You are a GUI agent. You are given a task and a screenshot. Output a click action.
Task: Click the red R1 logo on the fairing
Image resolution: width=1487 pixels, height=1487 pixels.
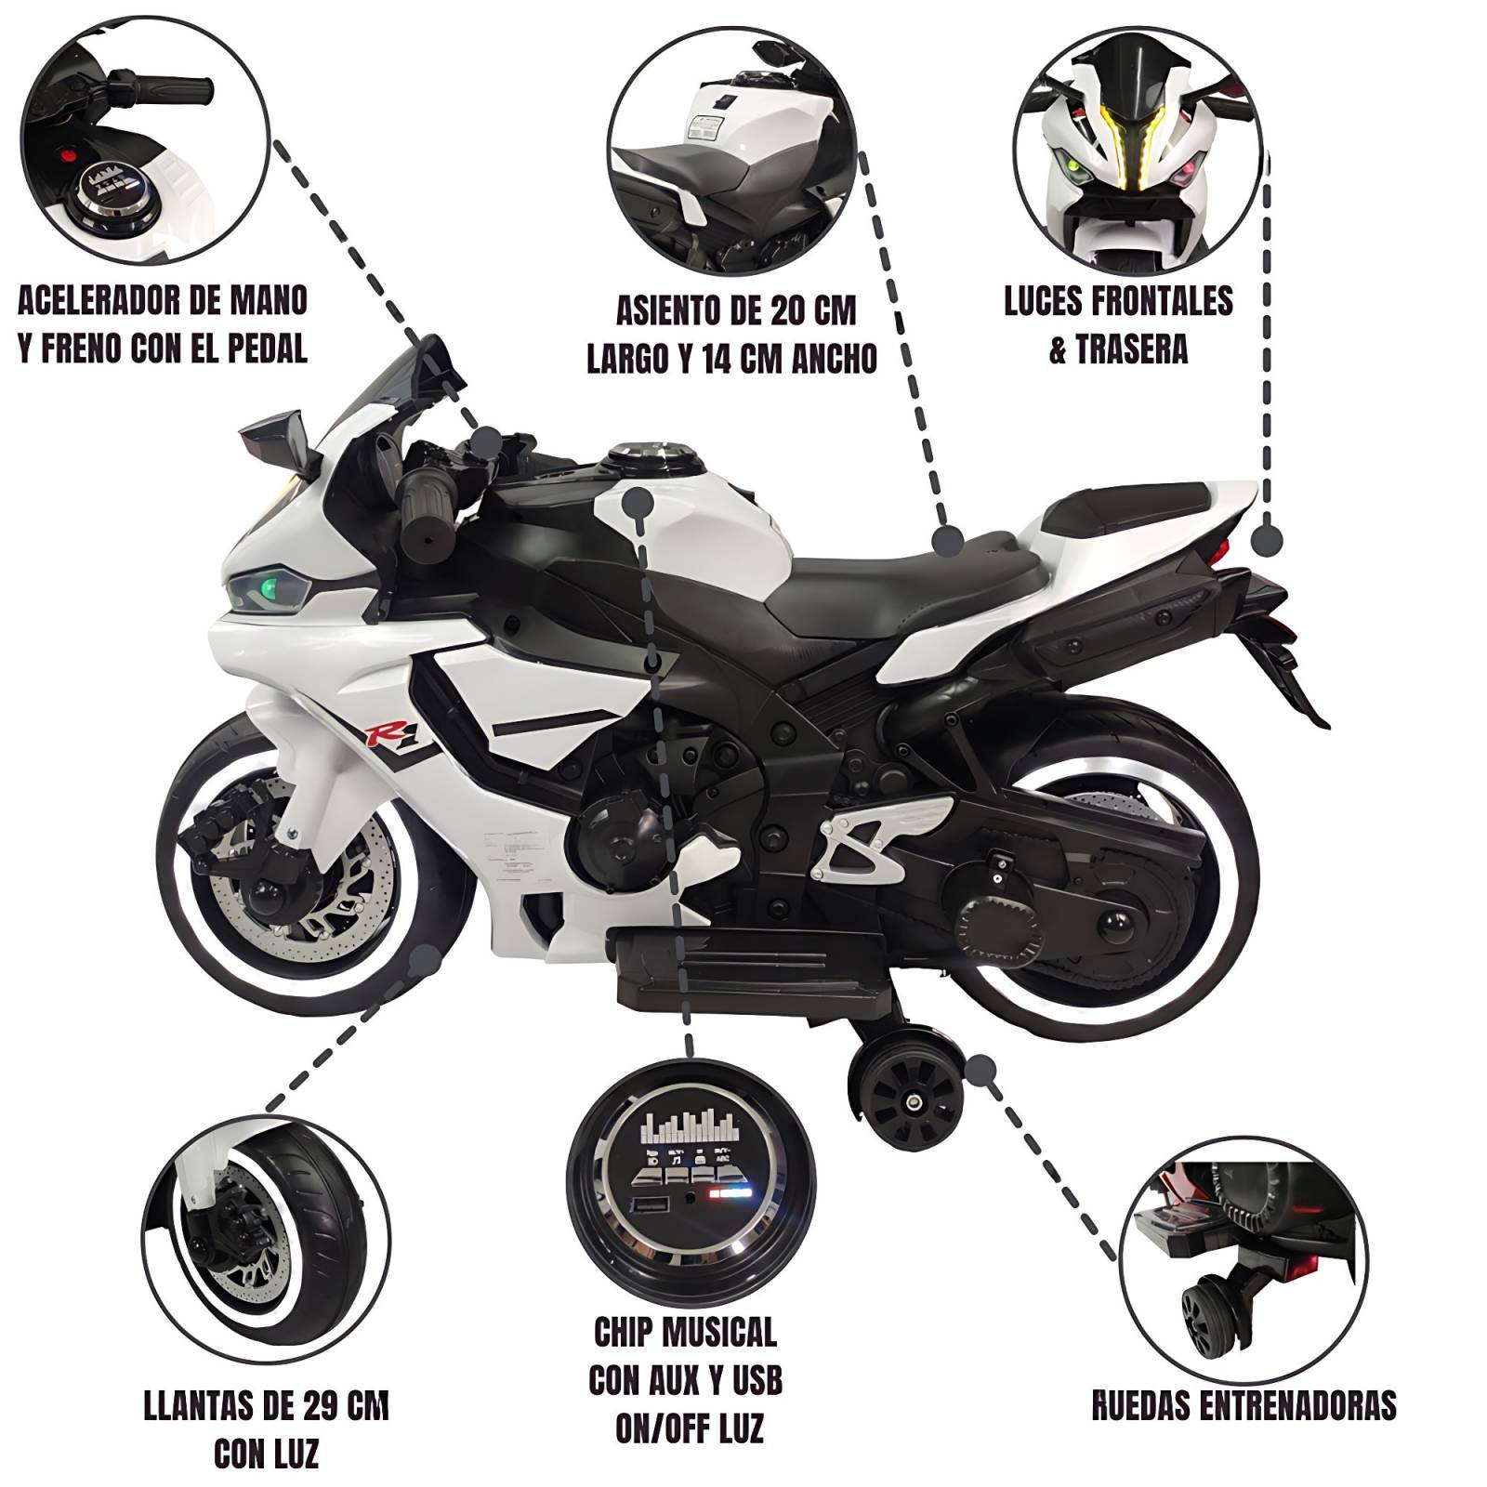click(383, 734)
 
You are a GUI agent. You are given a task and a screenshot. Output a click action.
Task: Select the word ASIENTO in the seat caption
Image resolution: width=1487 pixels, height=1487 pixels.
click(669, 311)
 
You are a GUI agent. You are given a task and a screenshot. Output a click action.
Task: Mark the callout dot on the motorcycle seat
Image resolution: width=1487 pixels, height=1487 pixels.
click(949, 540)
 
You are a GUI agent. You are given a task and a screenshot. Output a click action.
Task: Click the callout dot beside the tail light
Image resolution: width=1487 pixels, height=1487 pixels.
click(1267, 540)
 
